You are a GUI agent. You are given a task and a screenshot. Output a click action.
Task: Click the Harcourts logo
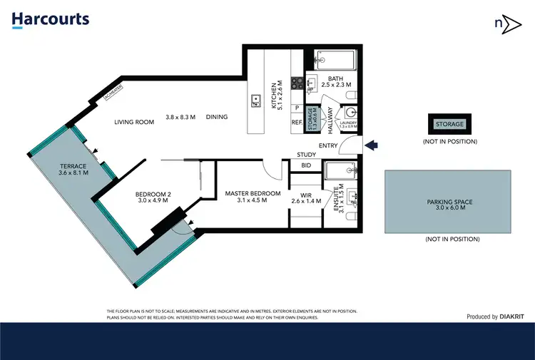[x=51, y=19]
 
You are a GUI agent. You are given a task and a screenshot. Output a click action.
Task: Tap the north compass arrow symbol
[x=504, y=23]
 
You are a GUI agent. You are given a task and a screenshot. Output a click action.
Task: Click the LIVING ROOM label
[x=134, y=122]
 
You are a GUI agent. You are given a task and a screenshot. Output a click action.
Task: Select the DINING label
[x=217, y=117]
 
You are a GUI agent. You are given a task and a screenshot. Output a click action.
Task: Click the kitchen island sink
[x=255, y=100]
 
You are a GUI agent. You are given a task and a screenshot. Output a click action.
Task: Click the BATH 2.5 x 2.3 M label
[x=335, y=81]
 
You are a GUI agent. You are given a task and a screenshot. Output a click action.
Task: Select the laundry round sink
[x=350, y=113]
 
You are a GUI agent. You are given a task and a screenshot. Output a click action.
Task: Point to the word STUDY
[x=307, y=155]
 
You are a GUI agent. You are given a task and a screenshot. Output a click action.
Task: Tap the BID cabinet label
[x=306, y=166]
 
